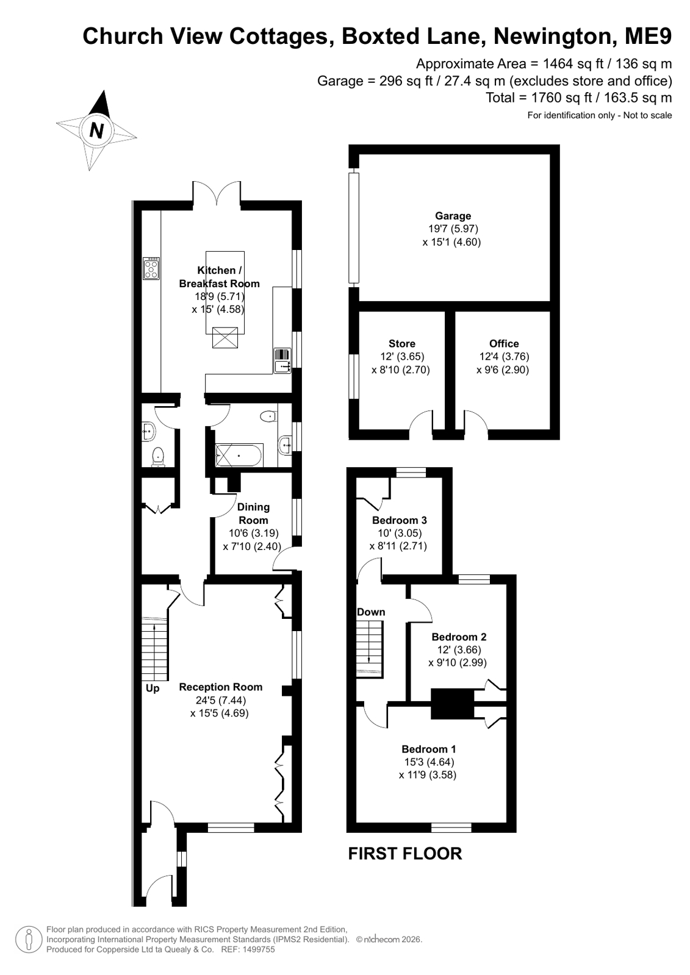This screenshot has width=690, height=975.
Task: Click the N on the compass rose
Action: (96, 130)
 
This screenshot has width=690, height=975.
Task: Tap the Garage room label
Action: (453, 216)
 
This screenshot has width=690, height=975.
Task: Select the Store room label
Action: (401, 343)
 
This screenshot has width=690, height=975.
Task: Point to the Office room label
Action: (504, 343)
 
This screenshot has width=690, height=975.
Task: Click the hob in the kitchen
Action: (151, 268)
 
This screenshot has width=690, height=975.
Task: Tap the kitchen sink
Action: (282, 360)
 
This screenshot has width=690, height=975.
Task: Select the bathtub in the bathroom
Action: (239, 455)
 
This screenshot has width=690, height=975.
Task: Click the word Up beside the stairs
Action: (153, 688)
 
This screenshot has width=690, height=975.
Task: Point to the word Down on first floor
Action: (371, 612)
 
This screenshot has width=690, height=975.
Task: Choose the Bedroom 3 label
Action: (400, 520)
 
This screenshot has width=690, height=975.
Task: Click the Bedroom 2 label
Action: (459, 637)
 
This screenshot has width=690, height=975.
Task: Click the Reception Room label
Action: (221, 687)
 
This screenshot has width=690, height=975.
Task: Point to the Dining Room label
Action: (253, 513)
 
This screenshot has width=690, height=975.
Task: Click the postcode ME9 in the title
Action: (648, 36)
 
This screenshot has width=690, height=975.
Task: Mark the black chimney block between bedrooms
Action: (452, 704)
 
